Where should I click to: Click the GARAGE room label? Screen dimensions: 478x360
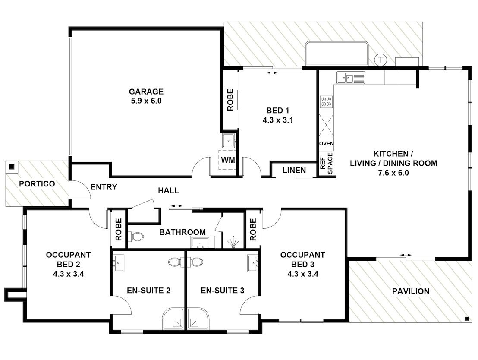coord(146,92)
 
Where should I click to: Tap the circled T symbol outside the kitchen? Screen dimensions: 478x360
coord(381,60)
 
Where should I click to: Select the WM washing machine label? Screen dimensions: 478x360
coord(228,160)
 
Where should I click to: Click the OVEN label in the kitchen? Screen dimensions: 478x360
coord(326,143)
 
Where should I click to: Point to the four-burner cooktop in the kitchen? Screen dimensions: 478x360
coord(326,101)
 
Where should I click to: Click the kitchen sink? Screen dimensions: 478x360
coord(351,78)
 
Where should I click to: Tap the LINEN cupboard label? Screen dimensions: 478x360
coord(294,170)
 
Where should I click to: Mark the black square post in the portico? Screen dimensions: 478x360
coord(12,167)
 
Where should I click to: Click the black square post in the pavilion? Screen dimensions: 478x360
coord(466,319)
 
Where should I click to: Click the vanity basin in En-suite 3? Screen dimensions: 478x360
coord(253,263)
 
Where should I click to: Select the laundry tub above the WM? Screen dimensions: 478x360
coord(229,141)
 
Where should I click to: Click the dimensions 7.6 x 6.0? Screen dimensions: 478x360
coord(393,173)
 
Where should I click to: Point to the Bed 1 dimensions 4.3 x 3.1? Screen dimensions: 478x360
coord(278,120)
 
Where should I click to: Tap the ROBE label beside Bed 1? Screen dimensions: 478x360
coord(230,100)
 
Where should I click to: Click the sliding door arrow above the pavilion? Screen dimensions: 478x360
coord(406,255)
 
